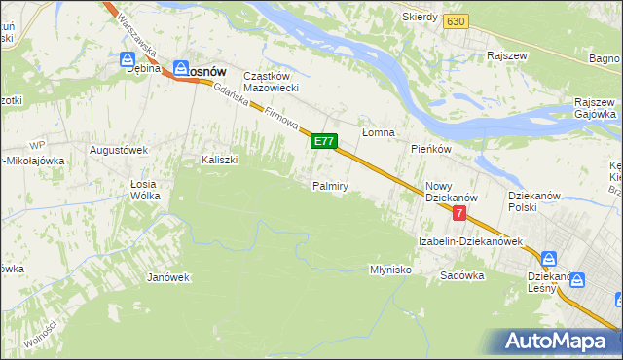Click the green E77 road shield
pyautogui.click(x=324, y=142)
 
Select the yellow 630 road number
pyautogui.click(x=455, y=20)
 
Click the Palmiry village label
pyautogui.click(x=330, y=185)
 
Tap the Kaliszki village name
pyautogui.click(x=220, y=160)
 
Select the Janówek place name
pyautogui.click(x=167, y=277)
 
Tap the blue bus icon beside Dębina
pyautogui.click(x=127, y=57)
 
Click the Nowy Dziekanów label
pyautogui.click(x=448, y=192)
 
